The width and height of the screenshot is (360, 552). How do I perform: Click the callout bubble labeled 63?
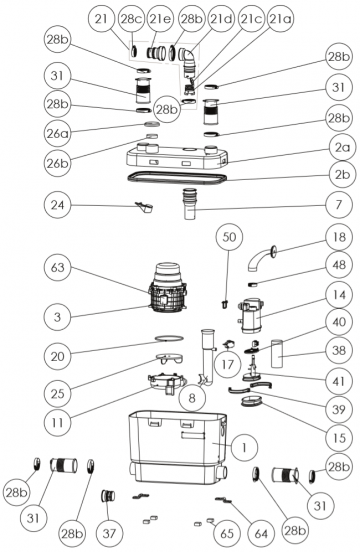click(57, 267)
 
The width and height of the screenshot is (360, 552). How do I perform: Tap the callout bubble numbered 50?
click(229, 237)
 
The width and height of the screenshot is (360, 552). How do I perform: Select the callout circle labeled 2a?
click(339, 148)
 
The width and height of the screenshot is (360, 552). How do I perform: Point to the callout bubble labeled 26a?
click(57, 133)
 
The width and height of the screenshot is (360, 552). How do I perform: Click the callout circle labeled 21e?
click(160, 18)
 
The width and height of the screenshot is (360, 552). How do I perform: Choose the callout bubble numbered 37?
click(109, 533)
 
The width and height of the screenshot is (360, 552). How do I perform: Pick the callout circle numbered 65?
click(226, 533)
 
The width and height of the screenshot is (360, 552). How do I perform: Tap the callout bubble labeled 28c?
click(131, 18)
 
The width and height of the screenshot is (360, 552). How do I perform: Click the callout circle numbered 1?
click(244, 447)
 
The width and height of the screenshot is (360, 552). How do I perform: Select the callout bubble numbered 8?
click(192, 397)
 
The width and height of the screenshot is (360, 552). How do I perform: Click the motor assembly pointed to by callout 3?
click(168, 289)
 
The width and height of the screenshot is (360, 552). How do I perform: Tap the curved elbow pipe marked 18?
click(262, 258)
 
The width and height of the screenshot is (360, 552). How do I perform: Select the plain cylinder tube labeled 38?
click(277, 353)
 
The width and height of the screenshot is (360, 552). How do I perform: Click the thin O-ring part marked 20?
click(169, 339)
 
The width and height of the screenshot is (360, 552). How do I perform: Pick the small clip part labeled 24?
click(144, 207)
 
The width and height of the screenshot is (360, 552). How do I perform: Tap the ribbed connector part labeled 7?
click(189, 203)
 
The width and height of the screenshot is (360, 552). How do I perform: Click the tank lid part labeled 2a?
click(177, 157)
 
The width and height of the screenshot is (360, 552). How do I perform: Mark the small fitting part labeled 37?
click(108, 496)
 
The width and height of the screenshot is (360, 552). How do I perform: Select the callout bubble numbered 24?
click(57, 205)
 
